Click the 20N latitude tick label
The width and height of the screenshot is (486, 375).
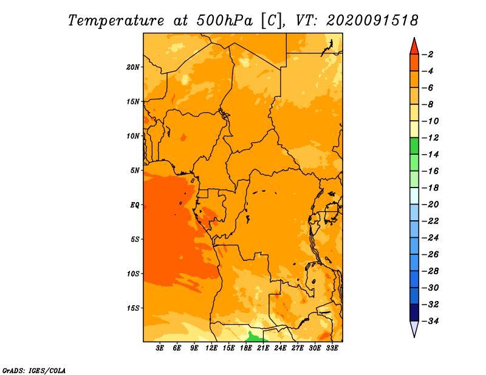click(x=133, y=67)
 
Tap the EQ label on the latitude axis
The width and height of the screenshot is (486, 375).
click(x=135, y=205)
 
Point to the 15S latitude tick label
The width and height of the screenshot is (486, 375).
click(x=133, y=308)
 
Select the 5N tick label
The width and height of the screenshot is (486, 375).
click(x=135, y=171)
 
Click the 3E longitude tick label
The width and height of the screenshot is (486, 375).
click(x=160, y=348)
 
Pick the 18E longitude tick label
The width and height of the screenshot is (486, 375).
click(x=246, y=348)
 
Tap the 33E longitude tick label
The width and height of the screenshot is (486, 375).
click(x=332, y=348)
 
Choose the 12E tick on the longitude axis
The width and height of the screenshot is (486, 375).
click(x=211, y=348)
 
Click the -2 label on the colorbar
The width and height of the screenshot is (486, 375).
click(x=428, y=55)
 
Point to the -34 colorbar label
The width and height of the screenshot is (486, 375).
click(x=430, y=321)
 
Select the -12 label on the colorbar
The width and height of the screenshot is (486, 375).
click(x=430, y=138)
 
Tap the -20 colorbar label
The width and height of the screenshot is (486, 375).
click(x=430, y=204)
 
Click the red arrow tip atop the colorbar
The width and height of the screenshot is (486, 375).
click(x=414, y=38)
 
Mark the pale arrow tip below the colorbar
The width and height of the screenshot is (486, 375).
click(x=414, y=337)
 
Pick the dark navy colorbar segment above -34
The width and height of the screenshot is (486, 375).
click(x=414, y=312)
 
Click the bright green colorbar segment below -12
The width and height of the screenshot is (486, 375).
click(x=414, y=146)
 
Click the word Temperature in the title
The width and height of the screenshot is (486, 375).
click(x=116, y=21)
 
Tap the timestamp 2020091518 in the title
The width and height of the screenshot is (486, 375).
click(x=372, y=21)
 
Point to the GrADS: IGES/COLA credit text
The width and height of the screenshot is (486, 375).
click(x=34, y=371)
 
